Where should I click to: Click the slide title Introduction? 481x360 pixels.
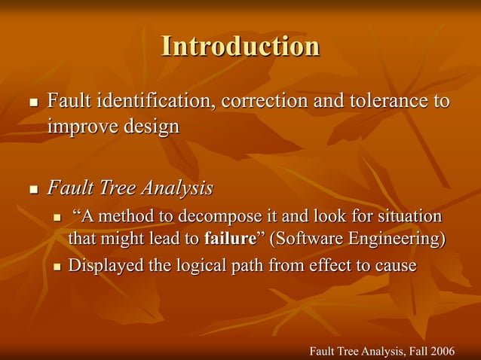coord(240,47)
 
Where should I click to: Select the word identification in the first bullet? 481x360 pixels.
coord(150,100)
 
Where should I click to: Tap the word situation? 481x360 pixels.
coord(406,217)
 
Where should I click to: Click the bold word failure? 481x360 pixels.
coord(230,239)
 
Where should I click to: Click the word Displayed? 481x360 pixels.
coord(106,266)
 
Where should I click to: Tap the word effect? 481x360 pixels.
coord(332,266)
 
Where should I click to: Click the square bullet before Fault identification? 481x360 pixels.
coord(32,102)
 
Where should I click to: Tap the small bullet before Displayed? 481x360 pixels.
coord(59,267)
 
